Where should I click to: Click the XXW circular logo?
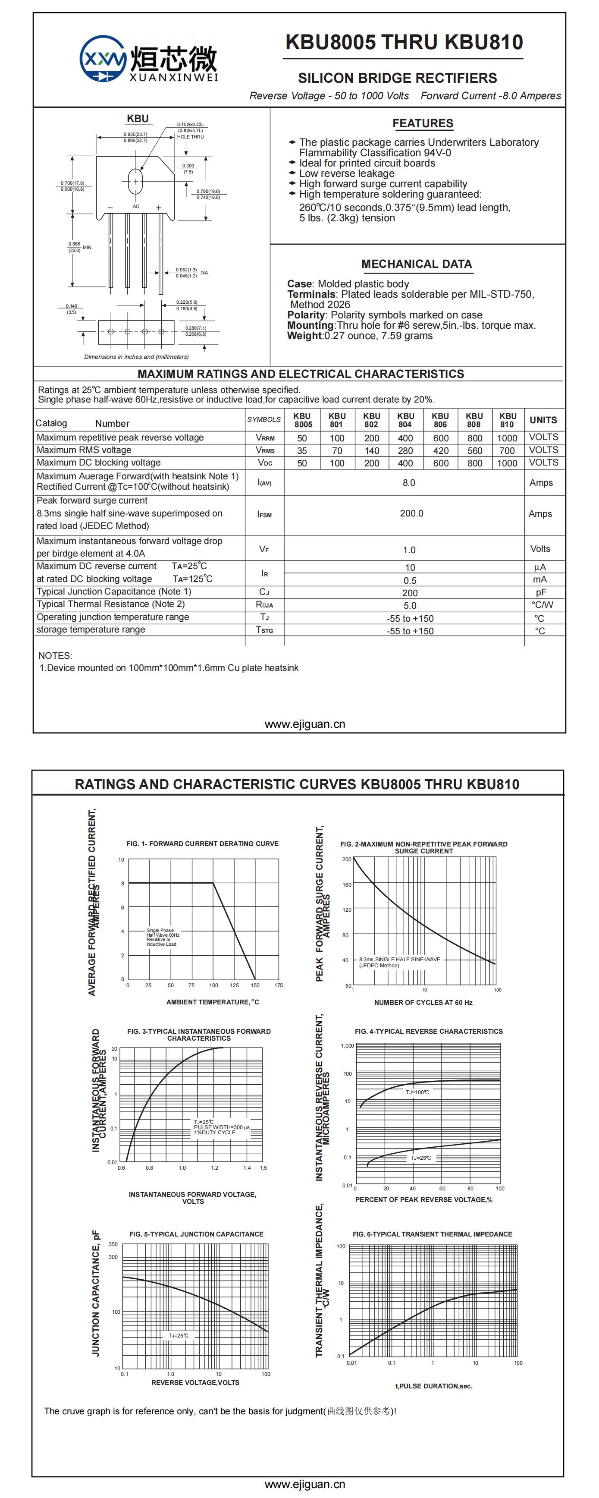[x=103, y=58]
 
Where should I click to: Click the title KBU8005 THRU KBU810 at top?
[x=404, y=42]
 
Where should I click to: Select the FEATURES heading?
[x=422, y=123]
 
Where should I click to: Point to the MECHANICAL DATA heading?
[x=416, y=264]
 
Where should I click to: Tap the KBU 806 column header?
[x=440, y=420]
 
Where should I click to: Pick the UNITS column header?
[x=543, y=420]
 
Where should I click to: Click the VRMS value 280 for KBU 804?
[x=405, y=451]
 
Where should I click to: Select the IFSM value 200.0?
[x=411, y=513]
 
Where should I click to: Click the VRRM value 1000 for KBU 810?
[x=507, y=438]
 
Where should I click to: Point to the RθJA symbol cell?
[x=264, y=605]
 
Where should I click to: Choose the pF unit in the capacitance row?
[x=541, y=592]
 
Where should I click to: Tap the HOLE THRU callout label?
[x=190, y=137]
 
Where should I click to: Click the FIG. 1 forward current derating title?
[x=202, y=844]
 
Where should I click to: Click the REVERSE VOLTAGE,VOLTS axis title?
[x=195, y=1382]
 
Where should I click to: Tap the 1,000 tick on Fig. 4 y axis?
[x=347, y=1045]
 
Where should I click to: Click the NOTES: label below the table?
[x=55, y=655]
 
